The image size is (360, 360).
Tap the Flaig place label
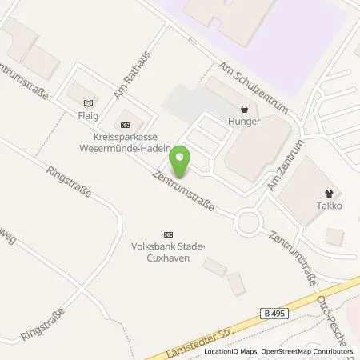[x=88, y=114]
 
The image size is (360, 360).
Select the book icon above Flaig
[x=88, y=102]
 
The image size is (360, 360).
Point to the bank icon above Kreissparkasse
[x=124, y=125]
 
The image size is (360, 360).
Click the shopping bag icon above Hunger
[x=244, y=109]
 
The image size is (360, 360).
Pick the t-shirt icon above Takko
[x=329, y=193]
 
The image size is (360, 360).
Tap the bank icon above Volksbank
[x=167, y=234]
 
